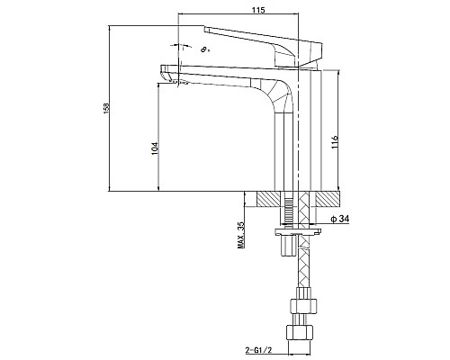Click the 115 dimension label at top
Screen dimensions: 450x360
[x=258, y=10]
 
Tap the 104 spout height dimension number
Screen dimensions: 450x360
[x=154, y=148]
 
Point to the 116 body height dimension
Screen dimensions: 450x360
[x=335, y=142]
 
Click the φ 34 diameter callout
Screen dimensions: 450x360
[x=340, y=220]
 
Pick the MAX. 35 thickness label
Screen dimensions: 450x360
[x=241, y=235]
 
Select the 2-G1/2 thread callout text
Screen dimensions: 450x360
[x=258, y=350]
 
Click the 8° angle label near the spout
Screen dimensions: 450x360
[x=205, y=49]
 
